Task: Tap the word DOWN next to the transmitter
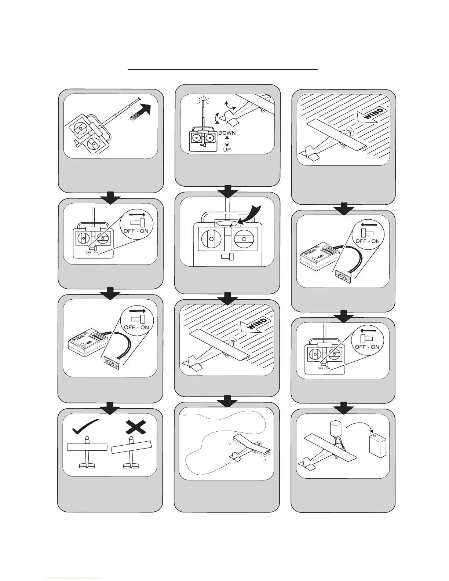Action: click(227, 133)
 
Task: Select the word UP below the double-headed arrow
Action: click(227, 150)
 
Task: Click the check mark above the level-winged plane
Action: click(85, 426)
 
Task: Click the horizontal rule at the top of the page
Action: click(222, 69)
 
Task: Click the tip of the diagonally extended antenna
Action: click(140, 98)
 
